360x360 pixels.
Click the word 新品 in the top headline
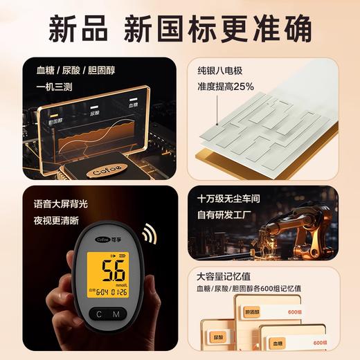[75, 28]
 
